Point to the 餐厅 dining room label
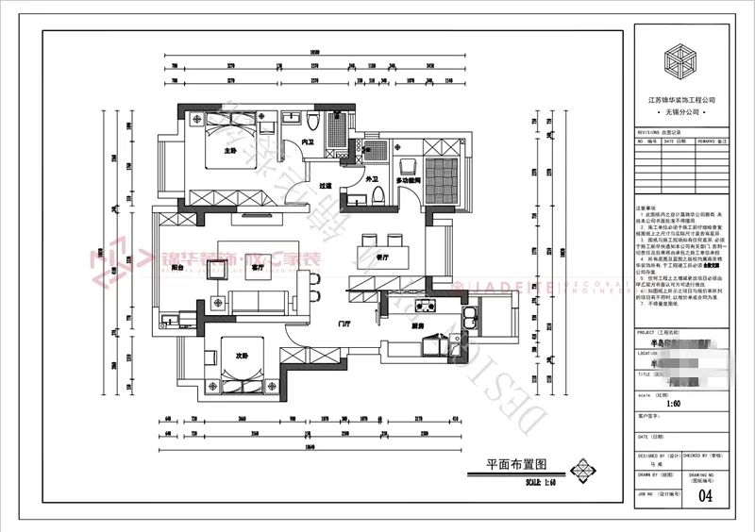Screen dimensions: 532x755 383,257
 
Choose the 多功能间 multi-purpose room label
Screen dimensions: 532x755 409,179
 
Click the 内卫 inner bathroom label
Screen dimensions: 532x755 308,142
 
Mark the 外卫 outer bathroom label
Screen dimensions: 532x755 360,179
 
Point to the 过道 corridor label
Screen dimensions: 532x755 327,186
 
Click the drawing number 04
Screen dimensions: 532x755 705,493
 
